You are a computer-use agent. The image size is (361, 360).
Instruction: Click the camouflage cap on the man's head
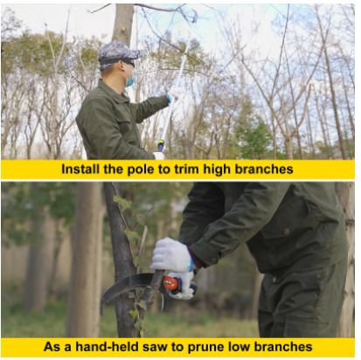120,54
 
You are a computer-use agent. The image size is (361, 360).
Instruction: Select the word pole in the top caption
140,170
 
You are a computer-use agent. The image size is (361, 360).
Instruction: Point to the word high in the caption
217,170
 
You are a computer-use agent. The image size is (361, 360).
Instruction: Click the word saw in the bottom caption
155,348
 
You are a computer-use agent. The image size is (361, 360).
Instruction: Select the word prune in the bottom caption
205,348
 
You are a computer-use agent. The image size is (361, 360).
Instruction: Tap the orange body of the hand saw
171,283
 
